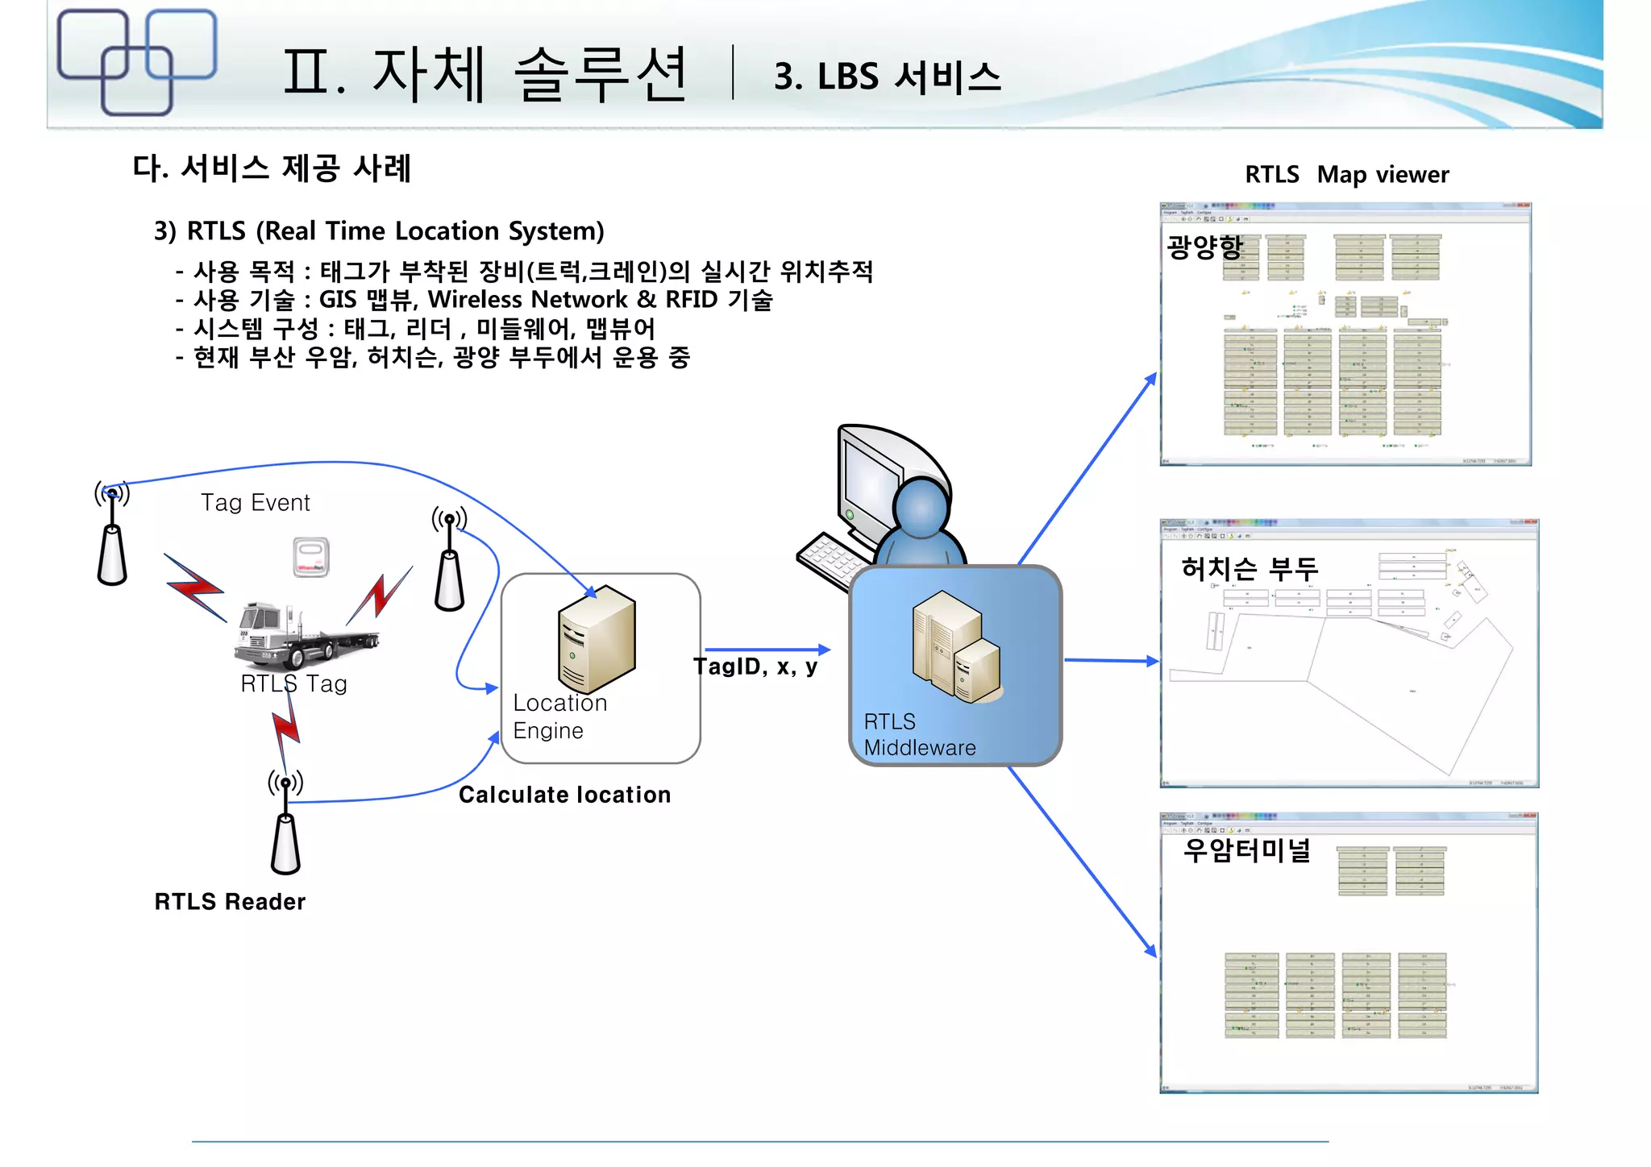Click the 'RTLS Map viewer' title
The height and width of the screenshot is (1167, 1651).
1345,174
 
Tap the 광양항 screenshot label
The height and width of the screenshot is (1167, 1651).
1204,246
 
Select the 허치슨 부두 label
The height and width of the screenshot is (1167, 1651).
1249,569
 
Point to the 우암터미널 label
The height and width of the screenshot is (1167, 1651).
1246,850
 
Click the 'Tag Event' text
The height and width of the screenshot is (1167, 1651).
255,503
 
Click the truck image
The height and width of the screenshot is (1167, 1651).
306,637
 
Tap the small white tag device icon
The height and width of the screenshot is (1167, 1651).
310,557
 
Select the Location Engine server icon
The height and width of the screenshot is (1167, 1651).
597,638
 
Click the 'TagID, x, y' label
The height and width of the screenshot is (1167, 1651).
755,667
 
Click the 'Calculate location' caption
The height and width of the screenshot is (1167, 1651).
564,795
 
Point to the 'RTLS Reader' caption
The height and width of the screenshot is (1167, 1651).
230,901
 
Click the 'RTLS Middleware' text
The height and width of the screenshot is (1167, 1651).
919,734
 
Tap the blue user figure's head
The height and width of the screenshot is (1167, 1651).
921,508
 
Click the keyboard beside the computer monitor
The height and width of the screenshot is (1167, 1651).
830,559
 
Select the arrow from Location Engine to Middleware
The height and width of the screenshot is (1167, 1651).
766,649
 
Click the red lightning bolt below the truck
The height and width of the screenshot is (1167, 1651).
285,729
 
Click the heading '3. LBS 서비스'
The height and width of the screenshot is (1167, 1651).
887,77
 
